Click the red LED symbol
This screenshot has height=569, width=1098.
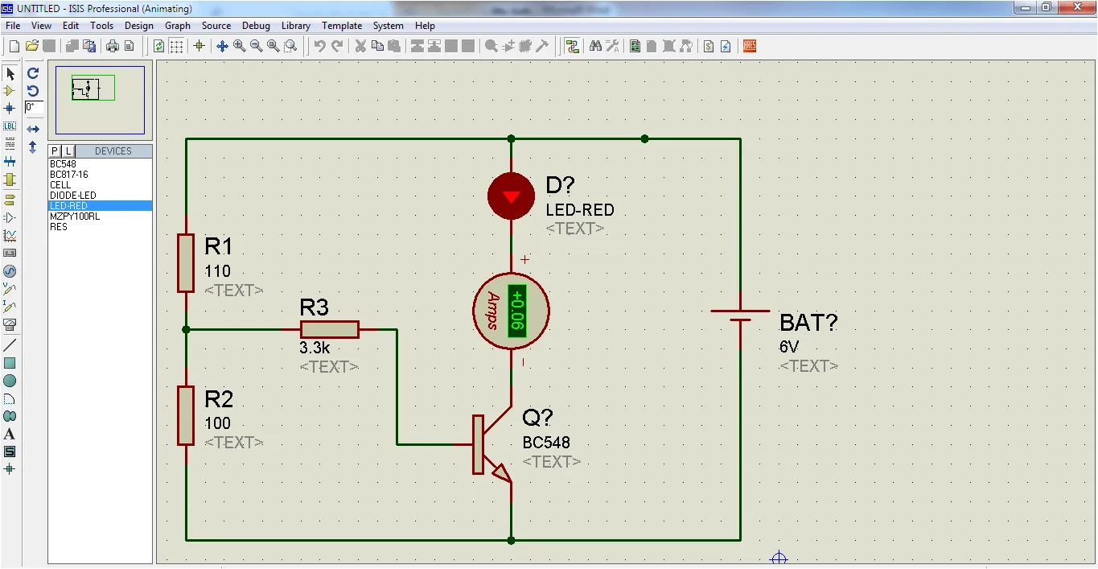pyautogui.click(x=511, y=196)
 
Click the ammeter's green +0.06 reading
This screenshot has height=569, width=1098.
pyautogui.click(x=517, y=311)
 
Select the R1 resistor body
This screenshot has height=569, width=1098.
pyautogui.click(x=186, y=263)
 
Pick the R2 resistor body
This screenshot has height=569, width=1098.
pyautogui.click(x=186, y=415)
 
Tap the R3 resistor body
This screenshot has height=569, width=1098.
pyautogui.click(x=330, y=330)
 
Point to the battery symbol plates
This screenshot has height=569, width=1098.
pyautogui.click(x=740, y=315)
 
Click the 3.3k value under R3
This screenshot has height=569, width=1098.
pyautogui.click(x=315, y=348)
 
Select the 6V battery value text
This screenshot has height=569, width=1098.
pyautogui.click(x=788, y=347)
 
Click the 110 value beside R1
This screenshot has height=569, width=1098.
pyautogui.click(x=217, y=271)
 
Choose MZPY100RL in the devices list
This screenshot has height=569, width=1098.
pyautogui.click(x=75, y=216)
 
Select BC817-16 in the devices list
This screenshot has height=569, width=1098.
pyautogui.click(x=69, y=175)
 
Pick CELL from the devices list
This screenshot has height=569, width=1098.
pyautogui.click(x=60, y=185)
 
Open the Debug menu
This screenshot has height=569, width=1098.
pyautogui.click(x=256, y=26)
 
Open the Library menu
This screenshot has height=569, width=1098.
pyautogui.click(x=295, y=26)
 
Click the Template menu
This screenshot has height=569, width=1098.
pyautogui.click(x=342, y=26)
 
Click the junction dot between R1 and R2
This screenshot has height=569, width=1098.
pyautogui.click(x=186, y=330)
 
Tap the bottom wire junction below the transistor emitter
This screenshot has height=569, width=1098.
pyautogui.click(x=511, y=541)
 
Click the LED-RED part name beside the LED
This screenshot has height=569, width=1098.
pyautogui.click(x=580, y=210)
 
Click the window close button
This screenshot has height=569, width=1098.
pyautogui.click(x=1077, y=7)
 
